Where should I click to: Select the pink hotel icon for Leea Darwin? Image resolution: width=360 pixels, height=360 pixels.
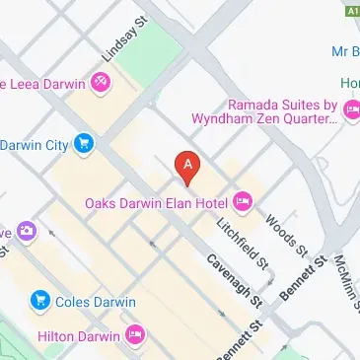point(99,86)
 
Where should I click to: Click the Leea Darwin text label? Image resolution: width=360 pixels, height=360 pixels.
point(43,86)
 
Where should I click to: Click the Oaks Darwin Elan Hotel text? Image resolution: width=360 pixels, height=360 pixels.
point(156,204)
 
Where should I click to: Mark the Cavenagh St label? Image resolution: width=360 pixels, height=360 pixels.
point(233,279)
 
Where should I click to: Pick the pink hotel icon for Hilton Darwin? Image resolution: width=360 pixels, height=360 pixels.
point(136,336)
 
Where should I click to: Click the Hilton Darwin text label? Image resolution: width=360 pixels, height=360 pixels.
point(79,336)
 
